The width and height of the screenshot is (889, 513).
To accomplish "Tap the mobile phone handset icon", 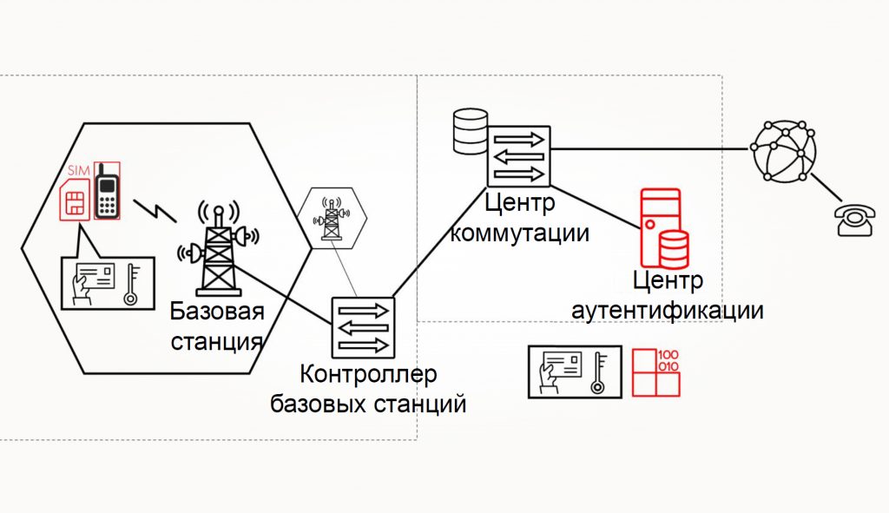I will (107, 191).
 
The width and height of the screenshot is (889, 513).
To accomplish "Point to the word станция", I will (216, 340).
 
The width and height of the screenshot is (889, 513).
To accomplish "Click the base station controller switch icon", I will (362, 328).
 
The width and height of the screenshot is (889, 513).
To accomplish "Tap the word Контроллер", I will (368, 377).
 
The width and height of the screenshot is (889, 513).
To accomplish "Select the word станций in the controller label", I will (420, 404).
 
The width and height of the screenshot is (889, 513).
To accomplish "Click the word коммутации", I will (520, 233).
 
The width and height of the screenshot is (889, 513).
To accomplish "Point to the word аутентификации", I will (668, 311).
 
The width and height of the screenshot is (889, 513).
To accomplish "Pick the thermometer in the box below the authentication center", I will (600, 373).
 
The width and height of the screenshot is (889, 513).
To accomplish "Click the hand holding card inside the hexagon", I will (92, 281).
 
